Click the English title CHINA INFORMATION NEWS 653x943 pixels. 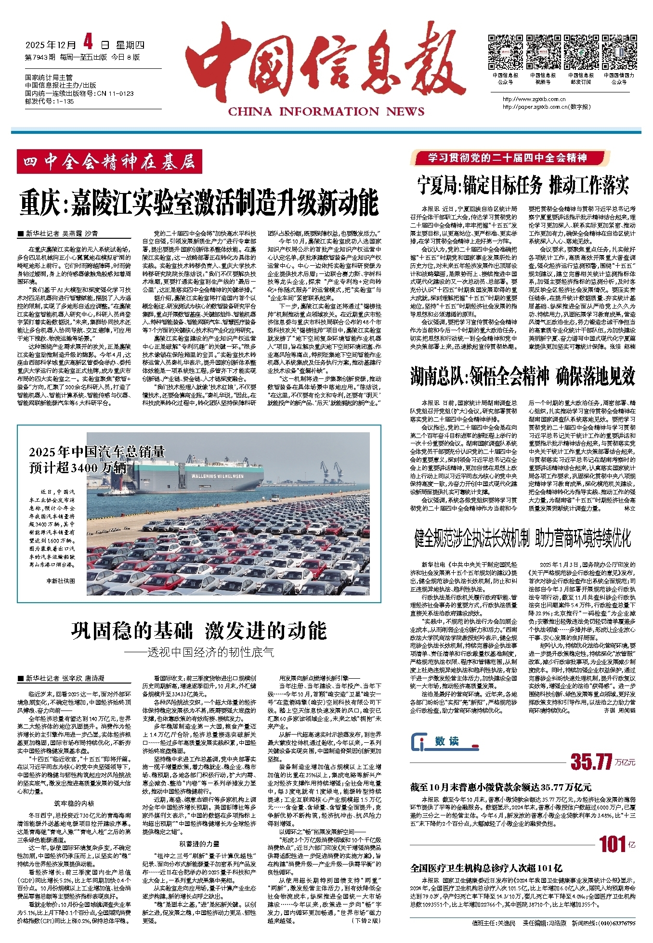326,112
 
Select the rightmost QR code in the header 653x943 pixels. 619,52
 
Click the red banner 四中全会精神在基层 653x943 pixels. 109,162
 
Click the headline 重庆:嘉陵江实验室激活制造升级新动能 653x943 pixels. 199,203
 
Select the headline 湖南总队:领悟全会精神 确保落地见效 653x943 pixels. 522,376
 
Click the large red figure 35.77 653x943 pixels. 591,762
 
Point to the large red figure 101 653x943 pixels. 612,844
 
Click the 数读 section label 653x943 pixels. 446,742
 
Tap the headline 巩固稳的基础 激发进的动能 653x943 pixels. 199,631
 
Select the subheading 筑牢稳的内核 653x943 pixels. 74,804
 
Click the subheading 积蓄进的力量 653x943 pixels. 199,844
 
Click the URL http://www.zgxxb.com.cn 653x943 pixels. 530,100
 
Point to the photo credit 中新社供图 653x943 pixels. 61,581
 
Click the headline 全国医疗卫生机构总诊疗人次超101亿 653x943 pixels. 486,868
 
